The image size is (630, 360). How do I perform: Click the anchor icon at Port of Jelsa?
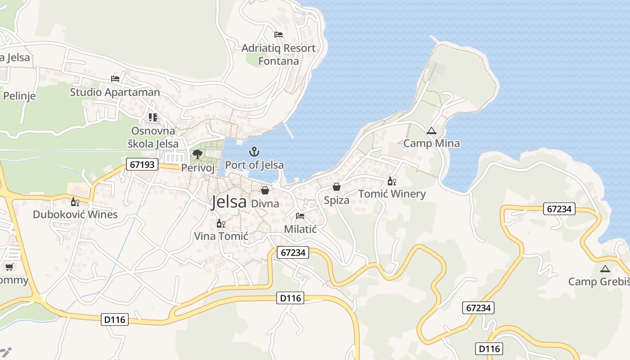click(x=254, y=152)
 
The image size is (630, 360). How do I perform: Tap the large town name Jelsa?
click(x=229, y=202)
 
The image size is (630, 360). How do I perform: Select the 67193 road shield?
click(x=143, y=164)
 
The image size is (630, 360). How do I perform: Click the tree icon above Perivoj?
click(x=197, y=154)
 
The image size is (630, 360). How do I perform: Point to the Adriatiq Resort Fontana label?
click(x=279, y=54)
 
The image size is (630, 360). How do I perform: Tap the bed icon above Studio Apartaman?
click(x=115, y=79)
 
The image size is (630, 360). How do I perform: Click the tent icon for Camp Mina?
click(x=432, y=131)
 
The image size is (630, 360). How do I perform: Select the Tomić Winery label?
click(x=392, y=194)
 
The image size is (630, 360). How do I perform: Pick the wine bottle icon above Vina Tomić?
click(x=220, y=223)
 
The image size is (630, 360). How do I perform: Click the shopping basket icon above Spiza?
click(x=336, y=187)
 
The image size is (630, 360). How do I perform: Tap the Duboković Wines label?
click(x=75, y=214)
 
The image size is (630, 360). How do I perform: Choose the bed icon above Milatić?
click(x=300, y=216)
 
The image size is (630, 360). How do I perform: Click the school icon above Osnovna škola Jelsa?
click(x=153, y=117)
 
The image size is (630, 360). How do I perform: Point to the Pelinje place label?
click(x=19, y=96)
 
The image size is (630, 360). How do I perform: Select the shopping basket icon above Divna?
click(x=265, y=190)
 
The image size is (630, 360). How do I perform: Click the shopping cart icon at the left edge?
click(x=9, y=267)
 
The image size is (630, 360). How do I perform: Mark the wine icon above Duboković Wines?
click(x=75, y=202)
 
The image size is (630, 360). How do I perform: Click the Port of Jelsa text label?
click(x=254, y=165)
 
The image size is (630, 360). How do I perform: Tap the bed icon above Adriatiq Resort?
click(x=279, y=35)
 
